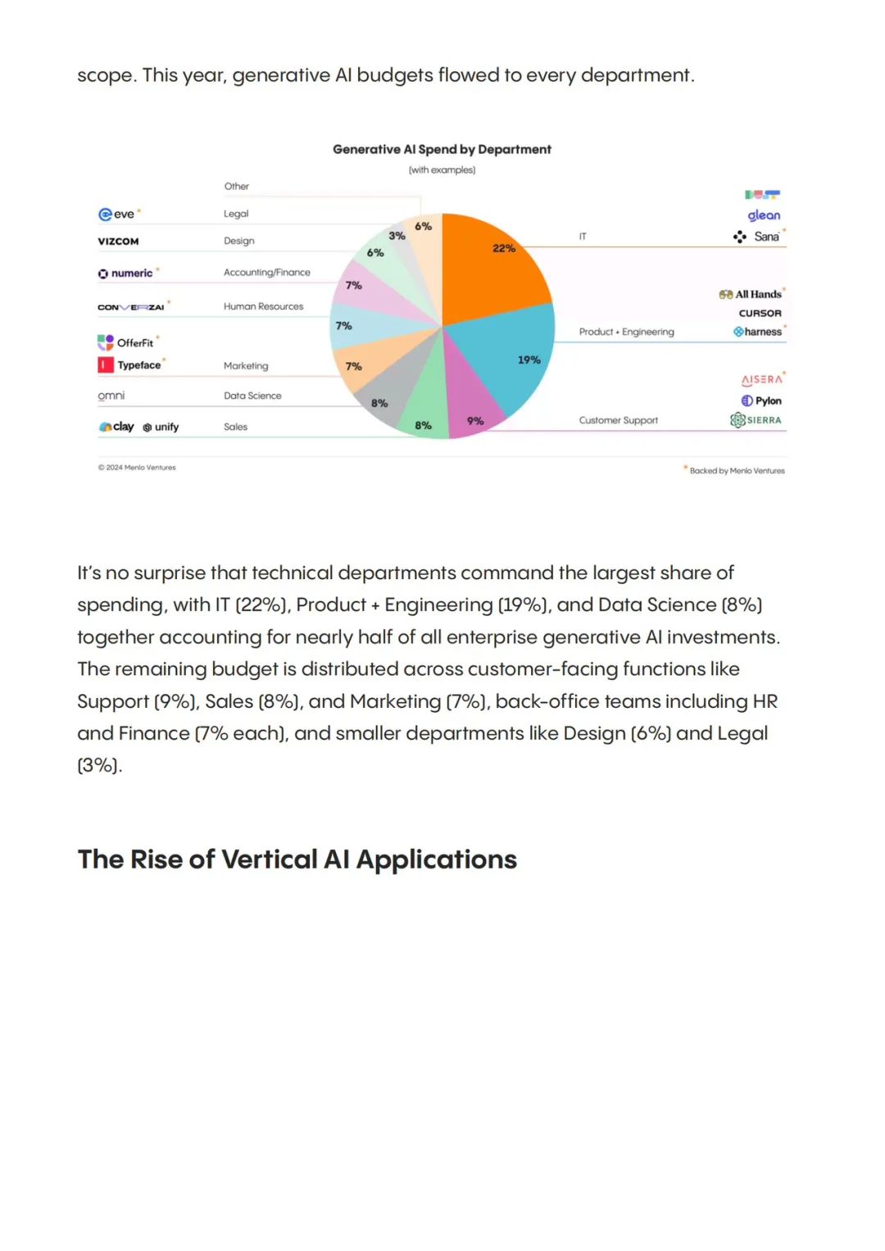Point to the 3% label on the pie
(397, 236)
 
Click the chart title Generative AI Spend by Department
(442, 149)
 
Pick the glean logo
(764, 215)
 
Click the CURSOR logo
(760, 313)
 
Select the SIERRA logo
(756, 420)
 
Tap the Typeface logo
(129, 365)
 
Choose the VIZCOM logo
(119, 241)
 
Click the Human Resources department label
(263, 306)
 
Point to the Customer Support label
(618, 420)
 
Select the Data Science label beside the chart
(252, 396)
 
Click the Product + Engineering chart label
(626, 332)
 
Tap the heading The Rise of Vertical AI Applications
(297, 859)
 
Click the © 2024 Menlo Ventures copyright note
(137, 468)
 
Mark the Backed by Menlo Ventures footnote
(737, 471)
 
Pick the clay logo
(116, 427)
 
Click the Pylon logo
(761, 401)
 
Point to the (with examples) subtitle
(442, 170)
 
